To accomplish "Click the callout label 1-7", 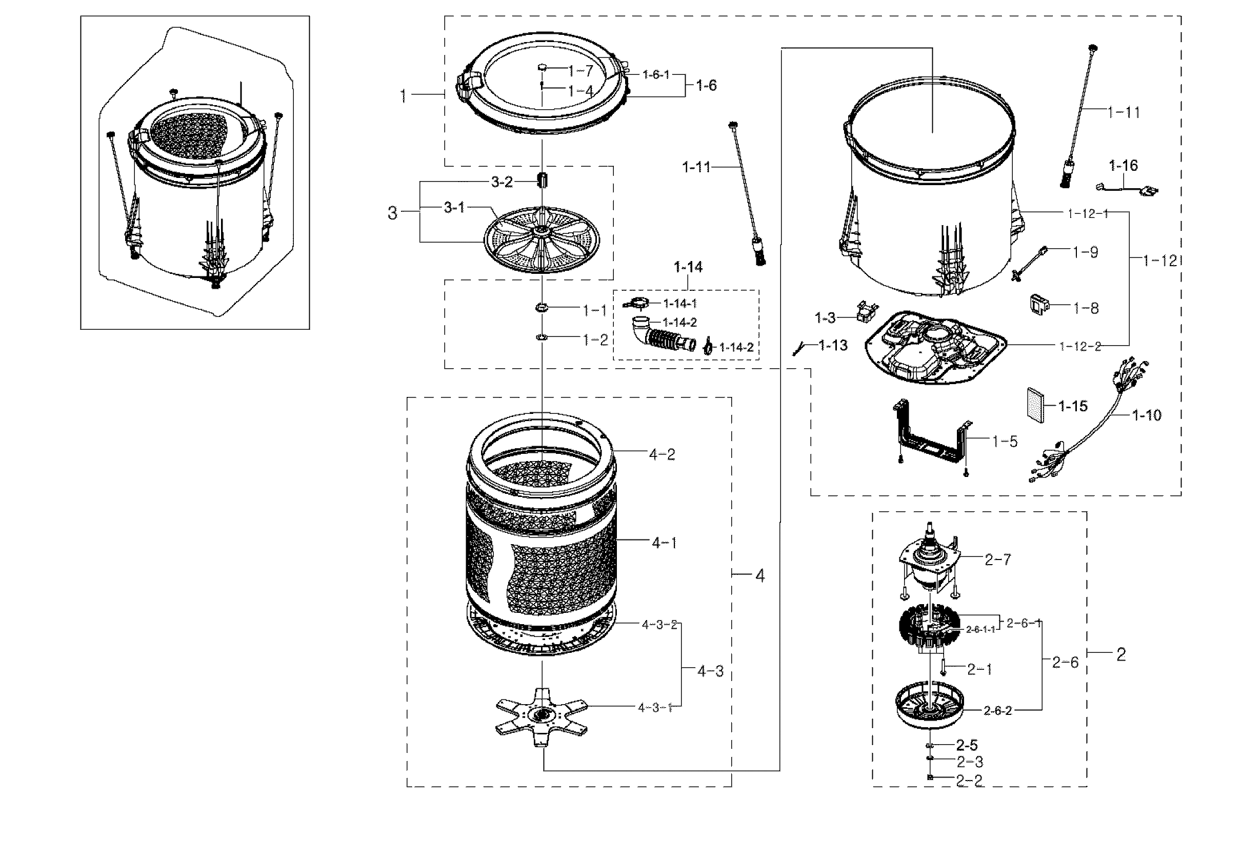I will point(580,70).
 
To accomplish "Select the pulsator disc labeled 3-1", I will point(542,240).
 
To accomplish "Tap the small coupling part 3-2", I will point(542,180).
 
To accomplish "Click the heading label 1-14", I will point(688,267).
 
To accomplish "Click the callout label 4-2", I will point(662,455).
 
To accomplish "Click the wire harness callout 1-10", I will point(1146,415).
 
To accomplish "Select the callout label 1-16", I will point(1123,165).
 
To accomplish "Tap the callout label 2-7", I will point(997,560).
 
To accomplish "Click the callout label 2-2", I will point(970,781).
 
